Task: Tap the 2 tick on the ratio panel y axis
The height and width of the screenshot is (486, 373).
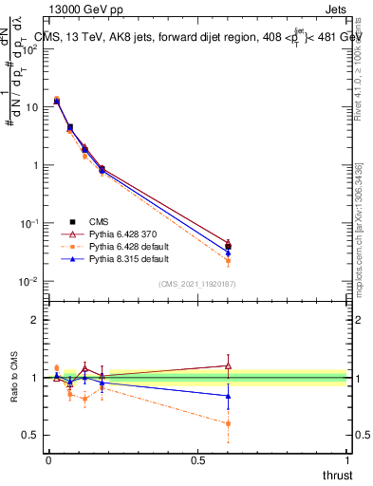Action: (x=36, y=320)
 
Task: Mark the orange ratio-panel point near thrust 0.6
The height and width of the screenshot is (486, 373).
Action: (x=228, y=423)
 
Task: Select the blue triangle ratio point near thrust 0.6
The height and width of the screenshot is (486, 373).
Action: (x=228, y=396)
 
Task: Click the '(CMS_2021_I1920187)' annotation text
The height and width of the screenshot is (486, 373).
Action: (x=196, y=284)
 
